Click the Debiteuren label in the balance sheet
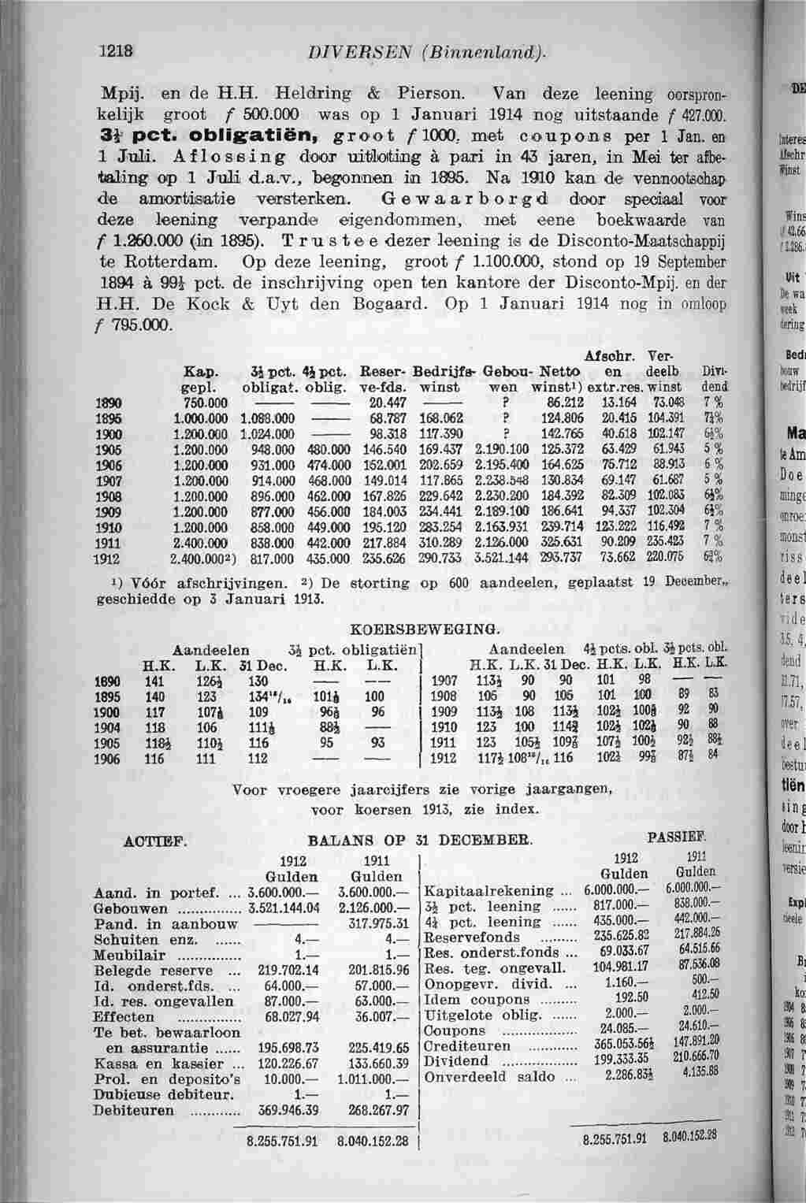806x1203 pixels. (x=133, y=1110)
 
